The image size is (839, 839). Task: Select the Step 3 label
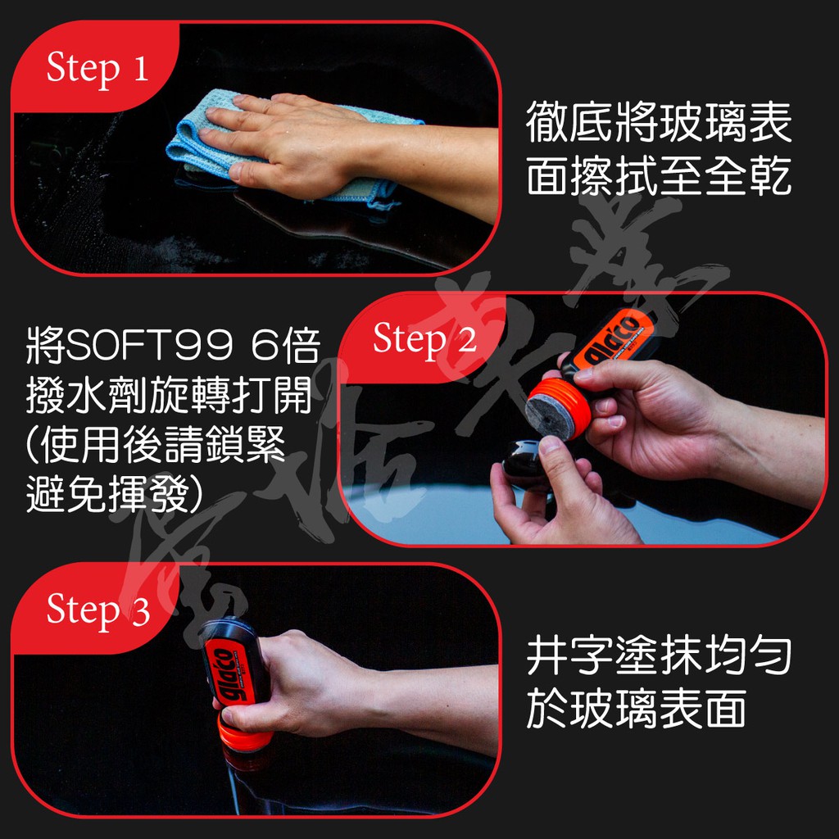click(x=98, y=610)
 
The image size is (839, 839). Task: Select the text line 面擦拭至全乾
click(x=659, y=176)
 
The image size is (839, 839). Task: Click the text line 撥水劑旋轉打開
click(x=169, y=401)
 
